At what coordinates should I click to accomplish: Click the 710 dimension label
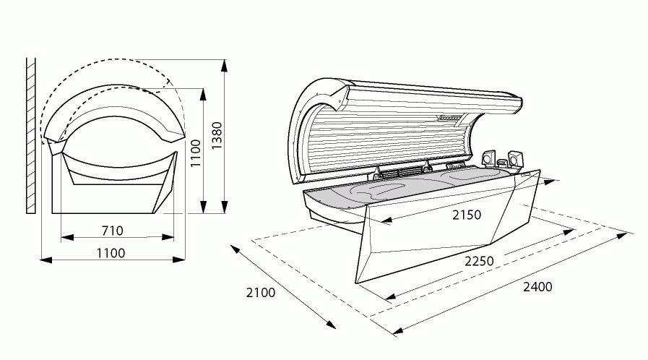point(113,231)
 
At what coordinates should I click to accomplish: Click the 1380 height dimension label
point(217,135)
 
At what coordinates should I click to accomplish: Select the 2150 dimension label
point(467,215)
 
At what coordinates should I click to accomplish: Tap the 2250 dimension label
point(479,261)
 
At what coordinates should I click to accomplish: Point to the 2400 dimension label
point(537,287)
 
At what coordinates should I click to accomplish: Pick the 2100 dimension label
point(261,293)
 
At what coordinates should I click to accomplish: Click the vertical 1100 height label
point(195,153)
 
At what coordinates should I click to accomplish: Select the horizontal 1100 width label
point(111,253)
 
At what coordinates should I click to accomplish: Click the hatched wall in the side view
point(31,136)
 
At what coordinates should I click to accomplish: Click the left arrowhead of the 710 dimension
point(67,237)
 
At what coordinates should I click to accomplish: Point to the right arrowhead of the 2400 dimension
point(623,236)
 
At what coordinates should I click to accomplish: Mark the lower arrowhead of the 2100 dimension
point(331,323)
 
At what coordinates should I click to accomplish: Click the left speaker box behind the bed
point(488,158)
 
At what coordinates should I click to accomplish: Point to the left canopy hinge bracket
point(376,173)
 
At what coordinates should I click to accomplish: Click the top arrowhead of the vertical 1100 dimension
point(203,94)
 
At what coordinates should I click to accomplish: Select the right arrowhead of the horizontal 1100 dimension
point(179,260)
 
